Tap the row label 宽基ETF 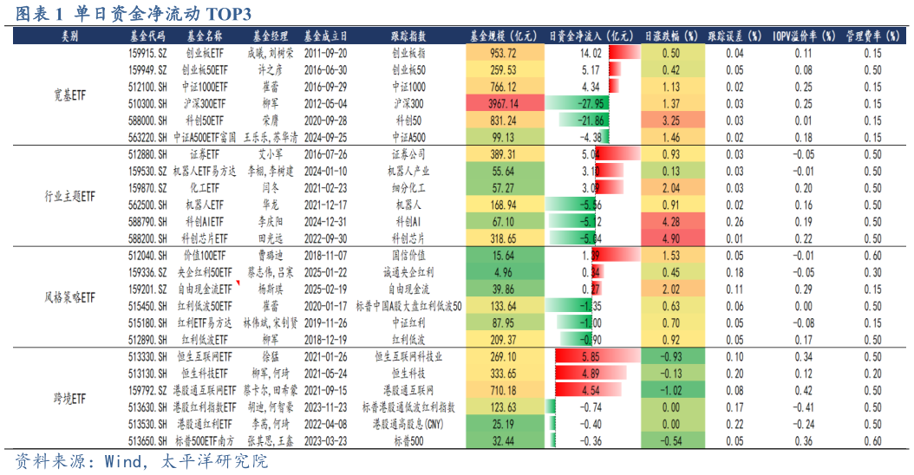(69, 94)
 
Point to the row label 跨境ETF (69, 399)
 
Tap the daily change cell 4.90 (670, 237)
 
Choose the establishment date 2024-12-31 (326, 221)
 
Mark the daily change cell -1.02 (670, 390)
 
